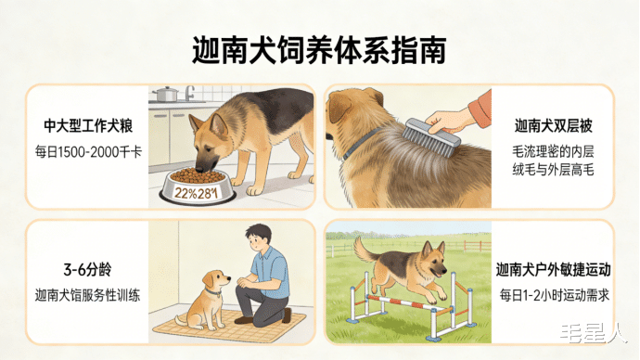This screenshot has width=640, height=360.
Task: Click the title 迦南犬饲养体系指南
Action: [x=319, y=50]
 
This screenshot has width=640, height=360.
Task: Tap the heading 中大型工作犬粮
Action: [x=88, y=125]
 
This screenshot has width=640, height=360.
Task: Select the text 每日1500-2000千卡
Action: [x=88, y=152]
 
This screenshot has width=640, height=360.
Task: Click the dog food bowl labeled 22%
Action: [x=198, y=186]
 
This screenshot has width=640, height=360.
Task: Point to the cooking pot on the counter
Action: [x=165, y=94]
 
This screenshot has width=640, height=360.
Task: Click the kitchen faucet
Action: [x=189, y=93]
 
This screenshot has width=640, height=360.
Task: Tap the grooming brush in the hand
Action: [x=431, y=137]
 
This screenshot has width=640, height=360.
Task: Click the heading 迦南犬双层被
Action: [x=553, y=125]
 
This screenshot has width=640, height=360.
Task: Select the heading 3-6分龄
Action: [x=87, y=269]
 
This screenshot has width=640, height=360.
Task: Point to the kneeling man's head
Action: [x=258, y=238]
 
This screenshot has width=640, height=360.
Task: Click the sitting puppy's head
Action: [x=215, y=282]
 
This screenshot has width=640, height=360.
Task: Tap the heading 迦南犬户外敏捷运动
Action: [x=553, y=270]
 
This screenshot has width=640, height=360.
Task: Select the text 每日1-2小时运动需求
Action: [x=553, y=295]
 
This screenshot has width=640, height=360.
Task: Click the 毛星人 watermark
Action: [x=593, y=333]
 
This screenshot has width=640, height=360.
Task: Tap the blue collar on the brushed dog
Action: [x=359, y=143]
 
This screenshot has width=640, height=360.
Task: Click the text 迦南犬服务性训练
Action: [x=87, y=295]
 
